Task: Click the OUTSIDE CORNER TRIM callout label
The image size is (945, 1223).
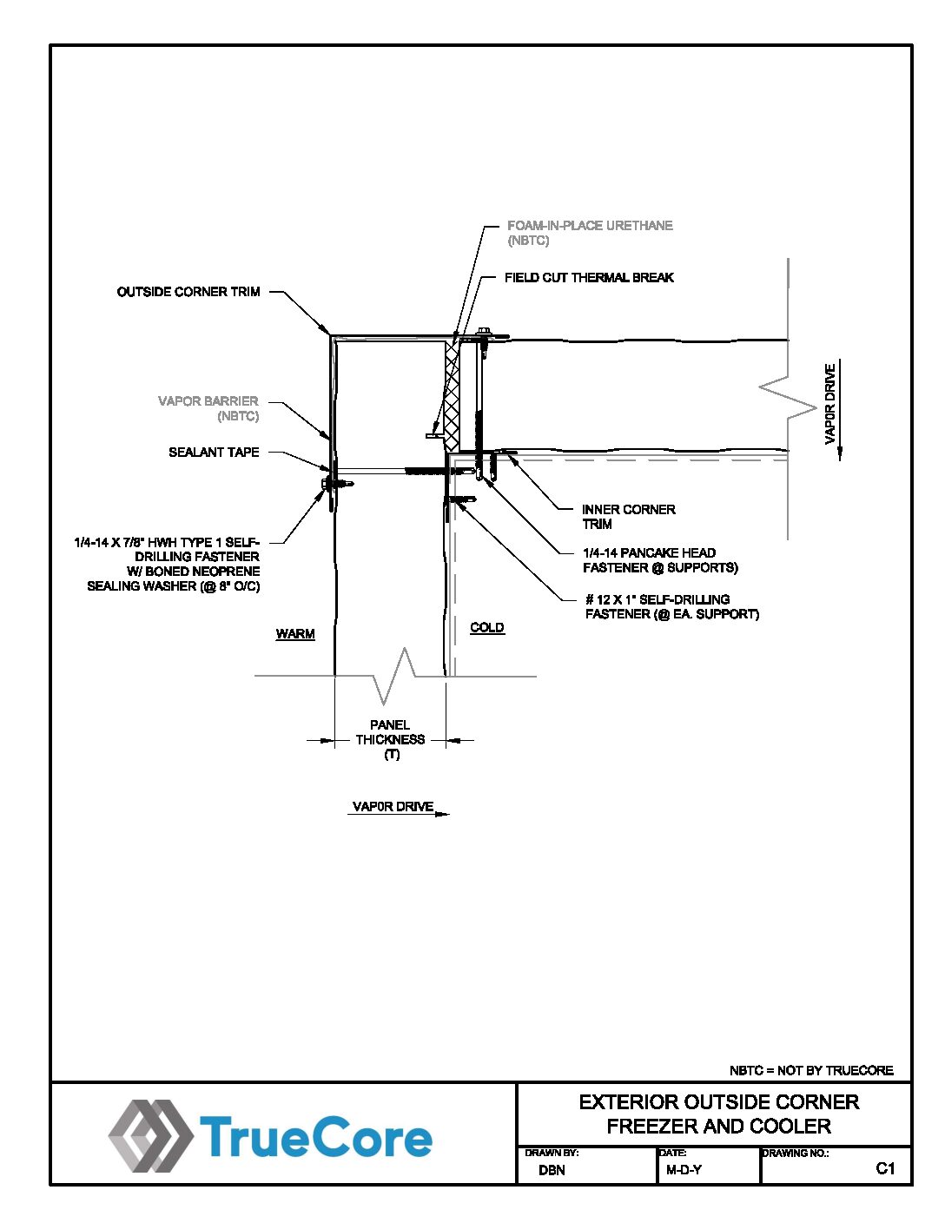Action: tap(188, 292)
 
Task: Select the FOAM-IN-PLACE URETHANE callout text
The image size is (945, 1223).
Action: tap(590, 233)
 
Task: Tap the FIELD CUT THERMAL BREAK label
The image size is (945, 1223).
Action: tap(589, 277)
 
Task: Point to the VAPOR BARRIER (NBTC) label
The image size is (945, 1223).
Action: tap(208, 408)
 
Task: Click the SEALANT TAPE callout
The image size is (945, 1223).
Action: tap(214, 452)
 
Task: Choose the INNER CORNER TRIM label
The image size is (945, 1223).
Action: tap(629, 517)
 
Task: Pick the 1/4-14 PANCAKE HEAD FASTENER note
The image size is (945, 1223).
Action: tap(660, 560)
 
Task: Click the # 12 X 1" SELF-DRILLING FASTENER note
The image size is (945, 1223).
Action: tap(672, 606)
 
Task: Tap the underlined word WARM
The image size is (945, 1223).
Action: tap(295, 634)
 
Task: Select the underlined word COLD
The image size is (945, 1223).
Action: tap(487, 627)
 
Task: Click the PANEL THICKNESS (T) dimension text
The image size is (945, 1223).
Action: tap(390, 739)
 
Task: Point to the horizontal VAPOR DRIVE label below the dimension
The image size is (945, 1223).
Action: tap(393, 807)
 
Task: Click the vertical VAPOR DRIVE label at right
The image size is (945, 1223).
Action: tap(829, 404)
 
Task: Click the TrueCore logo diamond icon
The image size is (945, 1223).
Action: tap(151, 1136)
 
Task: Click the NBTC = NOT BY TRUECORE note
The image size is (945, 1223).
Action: tap(811, 1070)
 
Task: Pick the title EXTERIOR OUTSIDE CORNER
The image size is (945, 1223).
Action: tap(719, 1102)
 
